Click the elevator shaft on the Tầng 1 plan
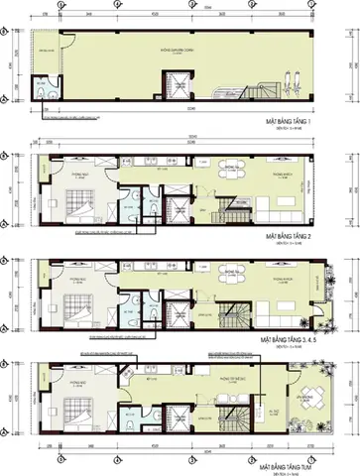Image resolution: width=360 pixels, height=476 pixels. [156, 90]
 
